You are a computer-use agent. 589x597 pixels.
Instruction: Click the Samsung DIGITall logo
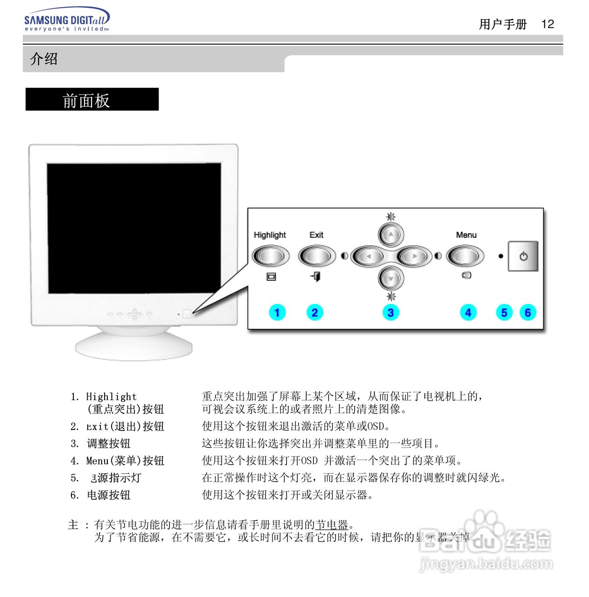(x=66, y=20)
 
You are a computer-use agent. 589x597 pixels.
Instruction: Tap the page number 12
(x=547, y=24)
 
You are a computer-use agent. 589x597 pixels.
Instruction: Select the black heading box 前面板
(x=92, y=99)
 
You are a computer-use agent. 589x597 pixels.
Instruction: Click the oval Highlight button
(x=270, y=256)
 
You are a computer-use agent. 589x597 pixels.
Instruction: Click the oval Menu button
(x=465, y=256)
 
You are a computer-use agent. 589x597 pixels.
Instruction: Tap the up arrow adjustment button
(x=391, y=235)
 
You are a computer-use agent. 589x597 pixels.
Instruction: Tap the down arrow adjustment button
(x=391, y=278)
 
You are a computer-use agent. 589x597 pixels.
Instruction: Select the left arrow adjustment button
(x=368, y=256)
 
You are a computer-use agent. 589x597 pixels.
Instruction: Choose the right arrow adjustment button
(x=414, y=256)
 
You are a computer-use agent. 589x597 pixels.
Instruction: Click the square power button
(x=523, y=256)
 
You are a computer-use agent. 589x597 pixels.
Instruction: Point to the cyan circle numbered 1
(x=277, y=312)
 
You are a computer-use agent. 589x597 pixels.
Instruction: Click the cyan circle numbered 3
(x=391, y=312)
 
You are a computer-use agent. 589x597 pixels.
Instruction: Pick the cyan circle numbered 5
(x=504, y=312)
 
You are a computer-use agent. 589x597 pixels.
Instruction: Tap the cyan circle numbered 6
(x=527, y=312)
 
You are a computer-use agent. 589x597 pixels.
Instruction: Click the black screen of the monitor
(x=134, y=228)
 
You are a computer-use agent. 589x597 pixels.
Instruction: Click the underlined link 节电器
(x=332, y=525)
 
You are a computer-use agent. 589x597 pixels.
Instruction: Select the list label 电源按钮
(x=109, y=495)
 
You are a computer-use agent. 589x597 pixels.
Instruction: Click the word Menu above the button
(x=466, y=235)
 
